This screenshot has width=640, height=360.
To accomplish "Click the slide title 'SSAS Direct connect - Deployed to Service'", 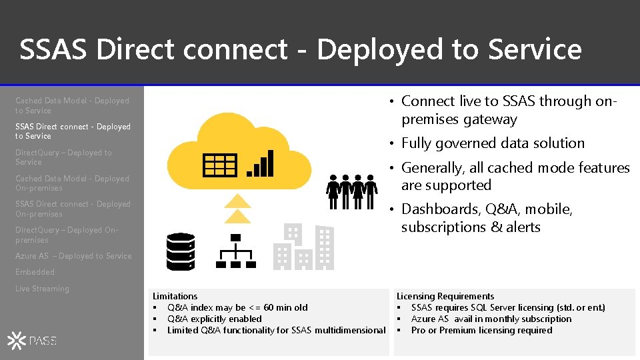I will pyautogui.click(x=300, y=50).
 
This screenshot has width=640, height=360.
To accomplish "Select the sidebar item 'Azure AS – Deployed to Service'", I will pyautogui.click(x=73, y=256).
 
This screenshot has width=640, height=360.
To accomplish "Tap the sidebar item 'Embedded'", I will pyautogui.click(x=35, y=272).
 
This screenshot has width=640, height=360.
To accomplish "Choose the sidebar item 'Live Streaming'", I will pyautogui.click(x=42, y=289).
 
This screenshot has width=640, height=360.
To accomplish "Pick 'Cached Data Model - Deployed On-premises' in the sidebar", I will pyautogui.click(x=72, y=183).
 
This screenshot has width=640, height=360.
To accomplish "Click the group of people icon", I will pyautogui.click(x=351, y=191).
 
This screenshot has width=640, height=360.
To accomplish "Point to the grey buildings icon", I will pyautogui.click(x=304, y=246).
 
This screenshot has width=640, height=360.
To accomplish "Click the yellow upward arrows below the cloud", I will pyautogui.click(x=239, y=208).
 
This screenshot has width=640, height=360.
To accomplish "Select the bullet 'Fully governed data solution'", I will pyautogui.click(x=493, y=143).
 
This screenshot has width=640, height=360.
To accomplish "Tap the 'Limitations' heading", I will pyautogui.click(x=175, y=296).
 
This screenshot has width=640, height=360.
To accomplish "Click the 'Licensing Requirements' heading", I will pyautogui.click(x=445, y=296).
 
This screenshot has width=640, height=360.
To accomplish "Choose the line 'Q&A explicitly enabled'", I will pyautogui.click(x=214, y=319).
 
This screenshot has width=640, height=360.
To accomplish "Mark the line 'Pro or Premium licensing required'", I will pyautogui.click(x=481, y=330).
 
